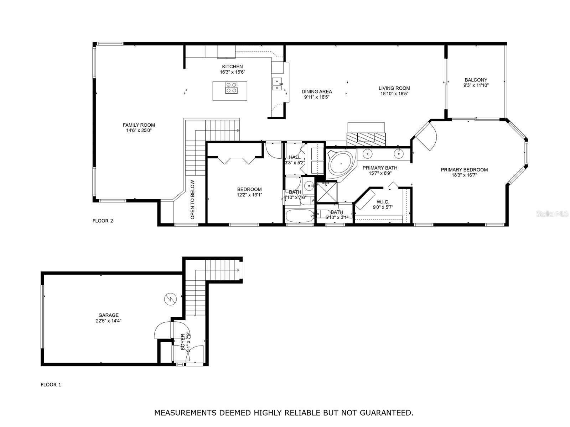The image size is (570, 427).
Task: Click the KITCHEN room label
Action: pyautogui.click(x=232, y=67)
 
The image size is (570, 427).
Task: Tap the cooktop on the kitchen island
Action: pyautogui.click(x=231, y=88)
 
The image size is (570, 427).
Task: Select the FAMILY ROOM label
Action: pyautogui.click(x=139, y=125)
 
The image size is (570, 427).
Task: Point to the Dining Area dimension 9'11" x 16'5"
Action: pyautogui.click(x=317, y=97)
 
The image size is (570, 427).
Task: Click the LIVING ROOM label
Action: pyautogui.click(x=394, y=88)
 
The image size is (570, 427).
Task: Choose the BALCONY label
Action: pyautogui.click(x=476, y=80)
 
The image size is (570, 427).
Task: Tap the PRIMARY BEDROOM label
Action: pyautogui.click(x=464, y=170)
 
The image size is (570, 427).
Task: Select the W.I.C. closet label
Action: pyautogui.click(x=383, y=202)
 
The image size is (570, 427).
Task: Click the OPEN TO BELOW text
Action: pyautogui.click(x=192, y=200)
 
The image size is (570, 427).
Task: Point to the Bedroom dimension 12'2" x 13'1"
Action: pyautogui.click(x=249, y=195)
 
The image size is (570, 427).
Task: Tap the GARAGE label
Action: pyautogui.click(x=108, y=315)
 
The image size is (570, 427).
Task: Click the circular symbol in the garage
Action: pyautogui.click(x=170, y=300)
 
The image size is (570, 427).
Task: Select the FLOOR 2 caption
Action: pyautogui.click(x=103, y=221)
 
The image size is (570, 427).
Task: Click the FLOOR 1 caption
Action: pyautogui.click(x=51, y=385)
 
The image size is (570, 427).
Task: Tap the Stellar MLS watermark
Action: pyautogui.click(x=552, y=213)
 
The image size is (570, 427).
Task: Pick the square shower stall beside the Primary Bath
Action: pyautogui.click(x=326, y=192)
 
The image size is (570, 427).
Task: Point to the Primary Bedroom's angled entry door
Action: pyautogui.click(x=424, y=136)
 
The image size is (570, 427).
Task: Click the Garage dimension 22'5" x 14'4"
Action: pyautogui.click(x=109, y=321)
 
